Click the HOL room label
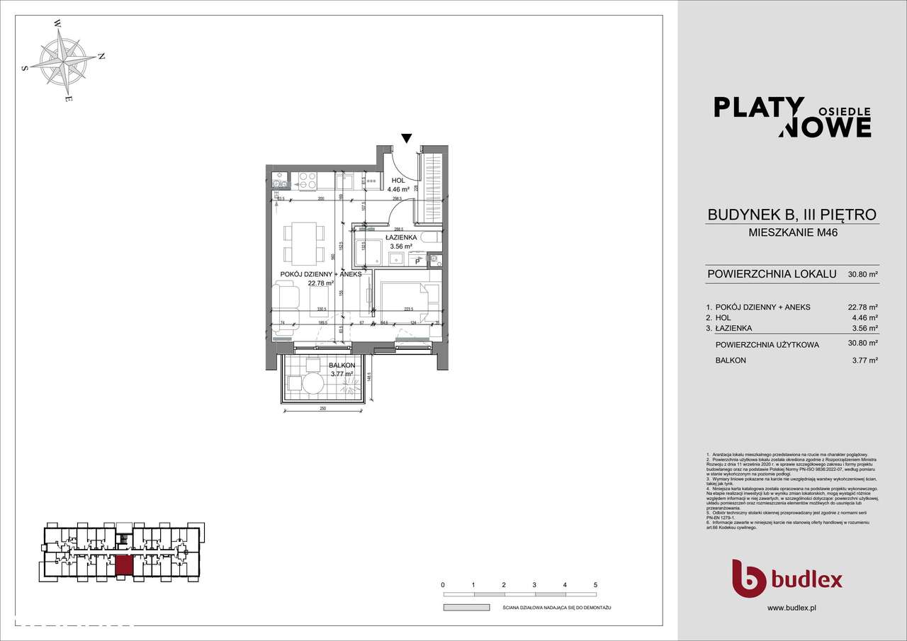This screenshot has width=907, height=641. pyautogui.click(x=398, y=181)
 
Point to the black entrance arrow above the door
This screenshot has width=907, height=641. pyautogui.click(x=406, y=138)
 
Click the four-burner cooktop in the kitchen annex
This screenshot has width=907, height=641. pyautogui.click(x=308, y=180)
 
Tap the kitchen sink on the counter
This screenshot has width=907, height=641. pyautogui.click(x=279, y=181)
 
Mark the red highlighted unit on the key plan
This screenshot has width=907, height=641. pyautogui.click(x=124, y=565)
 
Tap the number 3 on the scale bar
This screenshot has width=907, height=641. pyautogui.click(x=534, y=585)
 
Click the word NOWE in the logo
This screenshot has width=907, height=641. pyautogui.click(x=825, y=127)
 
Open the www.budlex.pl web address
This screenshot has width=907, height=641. pyautogui.click(x=791, y=608)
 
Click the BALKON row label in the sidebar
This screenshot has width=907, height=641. pyautogui.click(x=731, y=361)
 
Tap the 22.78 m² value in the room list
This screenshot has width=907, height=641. pyautogui.click(x=863, y=307)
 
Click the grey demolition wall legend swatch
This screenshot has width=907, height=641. pyautogui.click(x=466, y=608)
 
